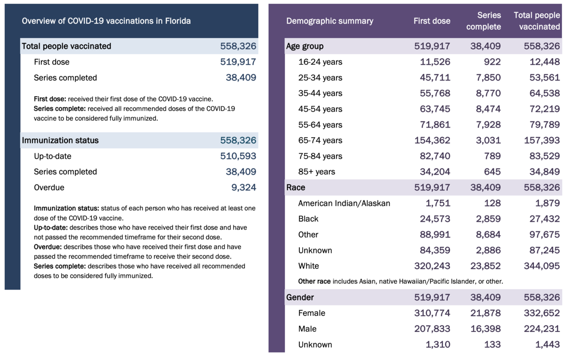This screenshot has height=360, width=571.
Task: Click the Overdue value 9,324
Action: click(244, 188)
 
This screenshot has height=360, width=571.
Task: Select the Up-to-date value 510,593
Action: click(238, 156)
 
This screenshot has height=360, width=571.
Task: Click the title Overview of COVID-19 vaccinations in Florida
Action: click(106, 21)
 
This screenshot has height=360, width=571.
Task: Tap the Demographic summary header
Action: click(330, 21)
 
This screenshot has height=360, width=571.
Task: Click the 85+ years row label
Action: click(316, 172)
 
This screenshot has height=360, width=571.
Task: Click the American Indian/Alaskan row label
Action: click(344, 203)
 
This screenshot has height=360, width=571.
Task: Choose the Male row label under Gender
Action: click(307, 329)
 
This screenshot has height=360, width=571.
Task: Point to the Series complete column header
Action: click(483, 21)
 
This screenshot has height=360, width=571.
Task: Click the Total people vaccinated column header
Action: click(537, 21)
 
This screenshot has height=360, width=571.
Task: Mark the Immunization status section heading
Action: click(60, 140)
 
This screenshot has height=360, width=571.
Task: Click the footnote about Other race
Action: click(400, 281)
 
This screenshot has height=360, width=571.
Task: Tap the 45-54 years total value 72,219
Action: click(544, 109)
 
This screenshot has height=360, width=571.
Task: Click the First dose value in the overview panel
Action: click(238, 62)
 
